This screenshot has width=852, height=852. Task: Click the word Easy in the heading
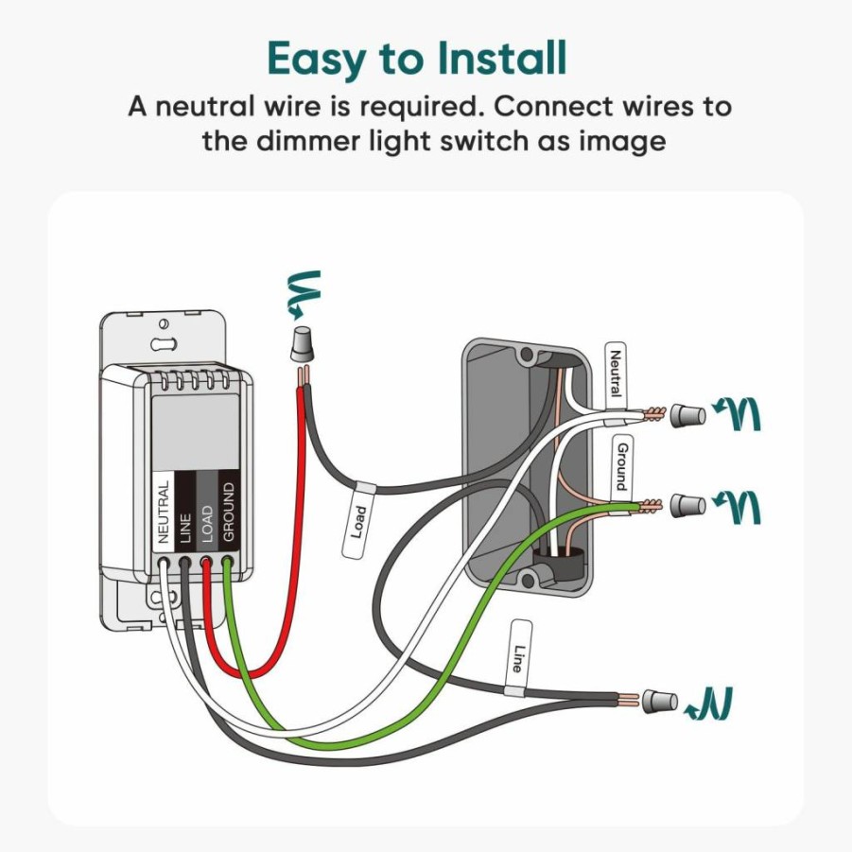pyautogui.click(x=315, y=61)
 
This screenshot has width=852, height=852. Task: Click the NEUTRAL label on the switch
pyautogui.click(x=163, y=511)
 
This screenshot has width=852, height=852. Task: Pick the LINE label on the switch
pyautogui.click(x=184, y=528)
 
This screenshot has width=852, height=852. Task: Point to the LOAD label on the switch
pyautogui.click(x=206, y=524)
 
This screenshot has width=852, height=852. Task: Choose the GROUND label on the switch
pyautogui.click(x=228, y=512)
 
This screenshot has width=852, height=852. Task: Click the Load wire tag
pyautogui.click(x=358, y=522)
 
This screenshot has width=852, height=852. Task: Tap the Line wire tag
pyautogui.click(x=520, y=658)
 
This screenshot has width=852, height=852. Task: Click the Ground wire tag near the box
pyautogui.click(x=622, y=465)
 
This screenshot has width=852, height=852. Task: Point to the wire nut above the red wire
pyautogui.click(x=303, y=344)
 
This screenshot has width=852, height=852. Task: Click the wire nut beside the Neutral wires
pyautogui.click(x=687, y=416)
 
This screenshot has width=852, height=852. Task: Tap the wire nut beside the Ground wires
pyautogui.click(x=687, y=506)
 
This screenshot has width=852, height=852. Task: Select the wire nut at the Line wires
pyautogui.click(x=660, y=701)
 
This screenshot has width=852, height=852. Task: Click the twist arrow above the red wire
pyautogui.click(x=304, y=293)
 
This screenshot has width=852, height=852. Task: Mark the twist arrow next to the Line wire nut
pyautogui.click(x=709, y=704)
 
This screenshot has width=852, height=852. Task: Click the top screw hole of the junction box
pyautogui.click(x=527, y=355)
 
